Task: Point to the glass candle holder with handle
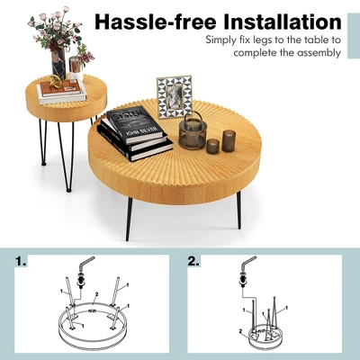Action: point(192,133)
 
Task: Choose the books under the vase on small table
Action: point(62,91)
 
